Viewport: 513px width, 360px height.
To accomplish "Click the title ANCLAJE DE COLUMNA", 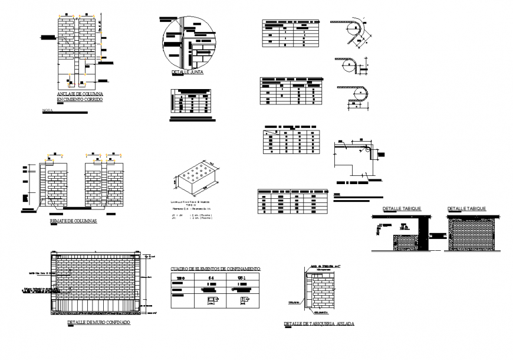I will pos(80,94).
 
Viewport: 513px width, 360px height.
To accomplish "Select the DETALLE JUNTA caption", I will pos(187,73).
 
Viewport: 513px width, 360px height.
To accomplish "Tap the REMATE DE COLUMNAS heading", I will pos(74,222).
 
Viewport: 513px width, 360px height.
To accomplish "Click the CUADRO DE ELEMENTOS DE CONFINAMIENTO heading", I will pos(215,269).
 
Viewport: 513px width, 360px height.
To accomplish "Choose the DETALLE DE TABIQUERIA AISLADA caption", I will pos(319,324).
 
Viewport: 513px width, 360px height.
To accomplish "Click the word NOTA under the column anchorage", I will pos(47,110).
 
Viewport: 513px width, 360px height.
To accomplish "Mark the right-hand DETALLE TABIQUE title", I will pos(466,209).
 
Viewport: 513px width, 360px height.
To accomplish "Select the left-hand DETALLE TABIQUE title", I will pos(402,209).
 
